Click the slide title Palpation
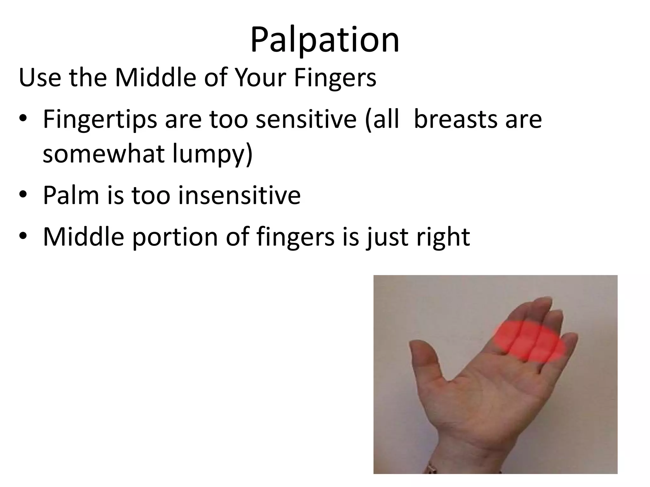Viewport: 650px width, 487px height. point(325,41)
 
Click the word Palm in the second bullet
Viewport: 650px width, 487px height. point(71,195)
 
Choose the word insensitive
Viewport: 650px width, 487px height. point(239,195)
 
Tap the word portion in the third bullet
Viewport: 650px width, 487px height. point(175,237)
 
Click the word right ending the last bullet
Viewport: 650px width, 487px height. point(443,237)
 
